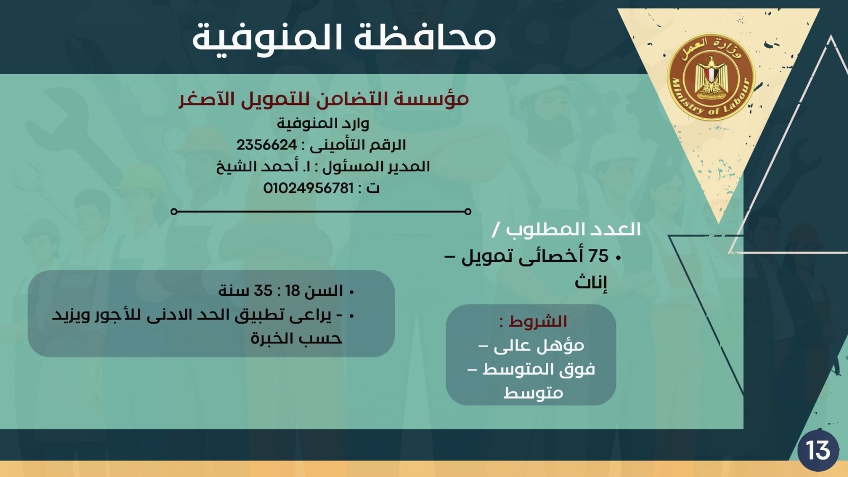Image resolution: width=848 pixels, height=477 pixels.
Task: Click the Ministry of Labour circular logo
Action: click(x=711, y=77)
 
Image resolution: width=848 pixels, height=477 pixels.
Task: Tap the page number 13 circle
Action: click(x=818, y=450)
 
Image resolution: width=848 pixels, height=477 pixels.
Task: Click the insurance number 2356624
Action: click(x=267, y=145)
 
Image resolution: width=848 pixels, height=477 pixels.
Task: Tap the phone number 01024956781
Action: click(x=308, y=188)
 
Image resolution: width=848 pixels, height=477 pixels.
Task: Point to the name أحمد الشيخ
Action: click(x=258, y=166)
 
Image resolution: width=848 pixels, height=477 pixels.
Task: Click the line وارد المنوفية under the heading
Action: click(x=323, y=123)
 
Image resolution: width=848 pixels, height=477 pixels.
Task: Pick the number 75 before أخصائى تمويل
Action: click(x=598, y=257)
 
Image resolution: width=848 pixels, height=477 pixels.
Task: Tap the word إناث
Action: click(x=591, y=282)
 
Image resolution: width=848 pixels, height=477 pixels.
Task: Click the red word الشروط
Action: click(x=538, y=321)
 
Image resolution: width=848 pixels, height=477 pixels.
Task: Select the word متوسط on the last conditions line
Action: click(x=533, y=393)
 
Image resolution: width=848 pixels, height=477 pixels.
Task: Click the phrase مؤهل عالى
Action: click(x=538, y=346)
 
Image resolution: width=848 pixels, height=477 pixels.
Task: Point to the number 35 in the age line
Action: click(x=263, y=291)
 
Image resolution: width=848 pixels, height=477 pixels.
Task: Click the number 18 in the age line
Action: click(x=293, y=291)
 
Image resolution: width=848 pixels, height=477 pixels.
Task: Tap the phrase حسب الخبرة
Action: click(x=296, y=338)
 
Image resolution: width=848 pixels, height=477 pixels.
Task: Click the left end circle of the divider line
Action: click(x=174, y=211)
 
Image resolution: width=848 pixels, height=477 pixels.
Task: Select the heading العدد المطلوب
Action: click(x=573, y=229)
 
